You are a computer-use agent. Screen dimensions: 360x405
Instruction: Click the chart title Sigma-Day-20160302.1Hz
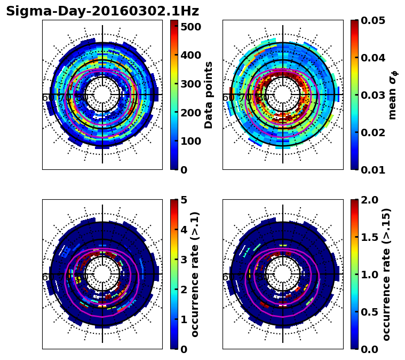[102, 11]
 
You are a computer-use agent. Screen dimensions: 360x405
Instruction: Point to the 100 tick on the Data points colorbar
[190, 141]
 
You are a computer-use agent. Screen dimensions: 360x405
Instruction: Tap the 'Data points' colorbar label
[209, 95]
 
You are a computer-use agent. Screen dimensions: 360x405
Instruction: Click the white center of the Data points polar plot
[102, 95]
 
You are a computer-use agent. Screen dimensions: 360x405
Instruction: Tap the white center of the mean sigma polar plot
[283, 95]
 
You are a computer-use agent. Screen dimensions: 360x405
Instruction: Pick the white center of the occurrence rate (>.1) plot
[102, 275]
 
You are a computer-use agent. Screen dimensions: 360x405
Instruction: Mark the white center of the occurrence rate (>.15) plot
[283, 275]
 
